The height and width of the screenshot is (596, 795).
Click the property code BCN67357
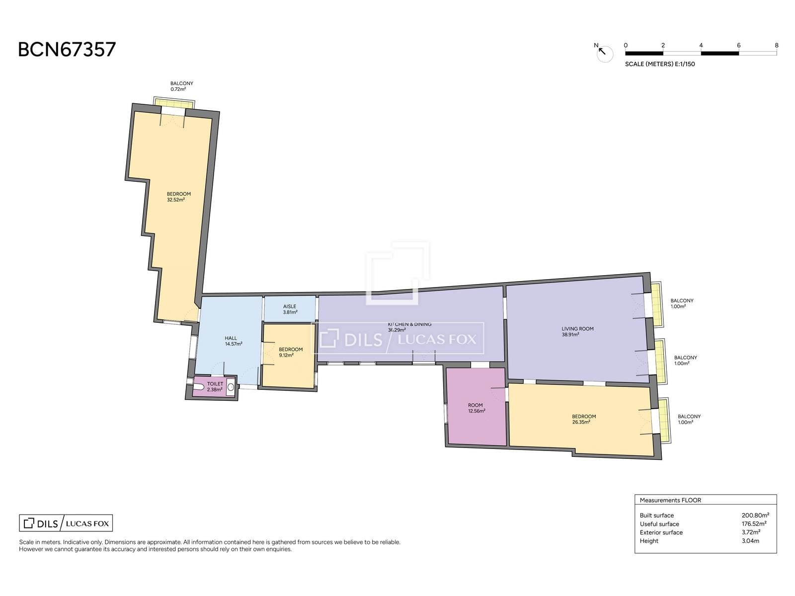(x=67, y=50)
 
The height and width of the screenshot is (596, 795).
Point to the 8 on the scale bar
(x=777, y=45)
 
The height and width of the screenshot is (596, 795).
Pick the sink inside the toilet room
(x=231, y=388)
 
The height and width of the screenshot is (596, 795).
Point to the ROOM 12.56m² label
(x=476, y=408)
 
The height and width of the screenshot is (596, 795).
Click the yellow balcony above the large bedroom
(x=174, y=102)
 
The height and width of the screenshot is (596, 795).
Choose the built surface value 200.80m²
(x=755, y=515)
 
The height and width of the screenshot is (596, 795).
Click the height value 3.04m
(x=750, y=541)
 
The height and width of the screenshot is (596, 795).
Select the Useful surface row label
(x=659, y=523)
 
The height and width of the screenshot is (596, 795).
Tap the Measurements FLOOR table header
(x=670, y=500)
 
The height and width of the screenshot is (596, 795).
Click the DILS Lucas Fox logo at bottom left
(x=66, y=523)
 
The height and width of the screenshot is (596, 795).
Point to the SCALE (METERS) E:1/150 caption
(x=659, y=64)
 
